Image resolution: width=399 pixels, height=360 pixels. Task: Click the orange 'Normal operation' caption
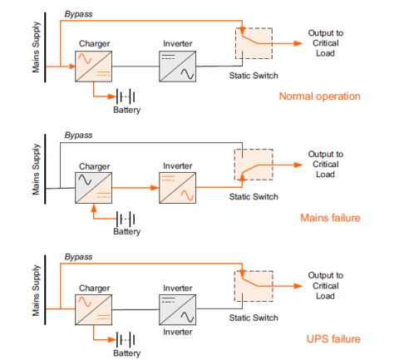coord(320,96)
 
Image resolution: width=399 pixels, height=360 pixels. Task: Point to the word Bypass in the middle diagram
coord(78,135)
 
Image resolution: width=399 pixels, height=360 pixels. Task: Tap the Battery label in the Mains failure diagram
coord(127,231)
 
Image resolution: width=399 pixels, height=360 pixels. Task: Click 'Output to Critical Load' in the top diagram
coord(325,42)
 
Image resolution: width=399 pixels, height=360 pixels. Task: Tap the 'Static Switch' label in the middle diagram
coord(254,196)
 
